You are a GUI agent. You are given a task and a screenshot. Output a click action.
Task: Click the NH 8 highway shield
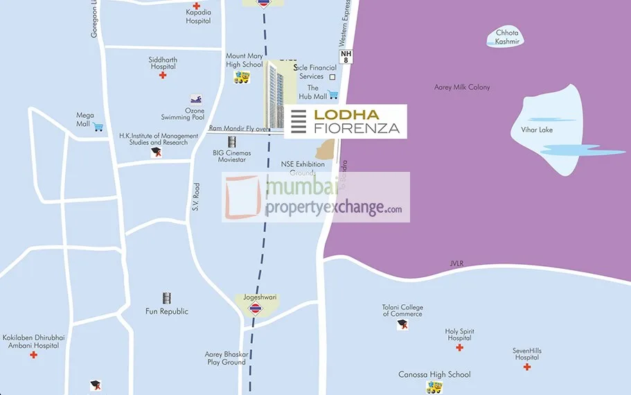pos(346,56)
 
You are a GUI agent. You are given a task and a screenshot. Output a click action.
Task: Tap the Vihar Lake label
pos(542,130)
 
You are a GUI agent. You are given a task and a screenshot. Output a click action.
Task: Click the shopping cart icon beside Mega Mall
pos(98,127)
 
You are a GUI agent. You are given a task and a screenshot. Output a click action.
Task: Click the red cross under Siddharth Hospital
pos(163,75)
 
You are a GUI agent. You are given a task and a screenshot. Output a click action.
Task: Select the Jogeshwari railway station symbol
pos(255,308)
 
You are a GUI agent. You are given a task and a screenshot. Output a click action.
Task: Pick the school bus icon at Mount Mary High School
pos(243,78)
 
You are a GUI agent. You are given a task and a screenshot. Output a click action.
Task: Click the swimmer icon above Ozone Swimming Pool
pos(196,100)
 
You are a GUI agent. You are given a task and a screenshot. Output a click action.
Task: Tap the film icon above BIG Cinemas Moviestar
pos(232,141)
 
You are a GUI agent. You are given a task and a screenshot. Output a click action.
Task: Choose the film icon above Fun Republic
pos(166,298)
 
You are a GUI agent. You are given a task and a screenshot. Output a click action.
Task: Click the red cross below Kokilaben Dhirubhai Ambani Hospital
pos(33,355)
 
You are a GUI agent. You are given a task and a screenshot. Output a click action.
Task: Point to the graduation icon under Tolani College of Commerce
pos(402,325)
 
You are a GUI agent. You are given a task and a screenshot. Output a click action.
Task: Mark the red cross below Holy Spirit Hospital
pos(459,347)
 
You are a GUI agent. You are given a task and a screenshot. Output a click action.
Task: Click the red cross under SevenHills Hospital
pos(527,366)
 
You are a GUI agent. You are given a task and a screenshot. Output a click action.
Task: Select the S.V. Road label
pos(197,197)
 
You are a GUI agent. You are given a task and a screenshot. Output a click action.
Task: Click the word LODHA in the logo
pos(346,114)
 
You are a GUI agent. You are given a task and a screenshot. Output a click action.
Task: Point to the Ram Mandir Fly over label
pos(240,129)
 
